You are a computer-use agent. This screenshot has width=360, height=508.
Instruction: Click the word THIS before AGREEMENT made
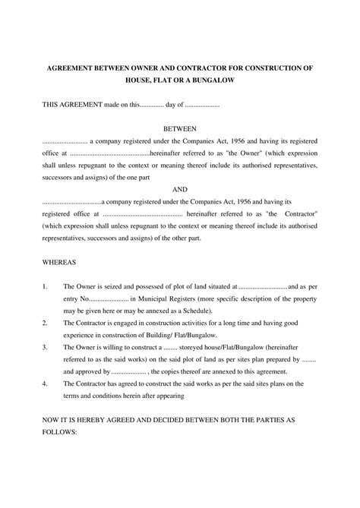(x=50, y=104)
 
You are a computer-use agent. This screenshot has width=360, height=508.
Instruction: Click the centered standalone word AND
(x=180, y=188)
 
